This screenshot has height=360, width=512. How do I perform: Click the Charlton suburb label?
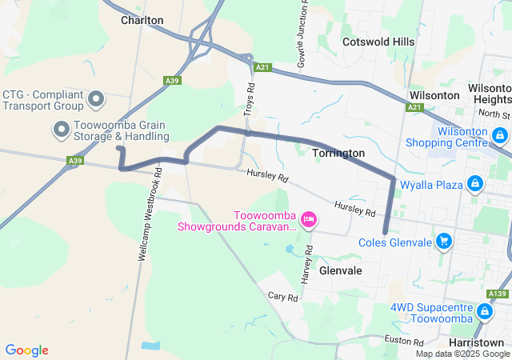tap(142, 20)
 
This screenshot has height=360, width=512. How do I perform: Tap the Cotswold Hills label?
tap(378, 42)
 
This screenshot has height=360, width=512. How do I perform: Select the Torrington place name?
tap(338, 153)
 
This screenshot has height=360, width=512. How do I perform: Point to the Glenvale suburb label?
tap(341, 270)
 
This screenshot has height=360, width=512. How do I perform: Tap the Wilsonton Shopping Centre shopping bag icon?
tap(500, 135)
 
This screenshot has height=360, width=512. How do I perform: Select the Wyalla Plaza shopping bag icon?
tap(475, 185)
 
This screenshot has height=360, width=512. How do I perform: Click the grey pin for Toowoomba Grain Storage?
tap(61, 129)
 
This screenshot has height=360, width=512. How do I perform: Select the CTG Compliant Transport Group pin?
tap(96, 99)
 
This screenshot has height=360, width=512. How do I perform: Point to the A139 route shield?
tap(498, 294)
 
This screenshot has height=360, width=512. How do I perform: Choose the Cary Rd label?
tap(283, 297)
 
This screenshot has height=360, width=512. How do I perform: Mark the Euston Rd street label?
tap(398, 341)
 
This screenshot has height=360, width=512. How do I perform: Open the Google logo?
tap(26, 350)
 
